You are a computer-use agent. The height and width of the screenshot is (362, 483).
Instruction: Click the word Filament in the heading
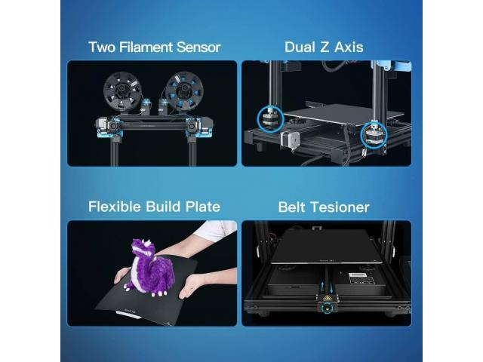146,47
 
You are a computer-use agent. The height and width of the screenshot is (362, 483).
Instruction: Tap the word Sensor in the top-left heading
198,47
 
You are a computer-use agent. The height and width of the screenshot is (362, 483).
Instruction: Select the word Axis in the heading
349,47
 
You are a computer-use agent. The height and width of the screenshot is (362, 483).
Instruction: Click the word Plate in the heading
203,207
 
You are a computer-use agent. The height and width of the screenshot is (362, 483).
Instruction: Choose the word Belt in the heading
292,207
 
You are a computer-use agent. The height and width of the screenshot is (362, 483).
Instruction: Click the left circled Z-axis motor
270,119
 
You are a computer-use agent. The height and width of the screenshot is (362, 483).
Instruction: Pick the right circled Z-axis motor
374,135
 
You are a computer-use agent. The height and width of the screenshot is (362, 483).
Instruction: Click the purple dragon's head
143,248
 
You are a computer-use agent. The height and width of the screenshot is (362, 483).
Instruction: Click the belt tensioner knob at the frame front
326,308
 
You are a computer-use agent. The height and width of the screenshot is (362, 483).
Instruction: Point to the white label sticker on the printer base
362,279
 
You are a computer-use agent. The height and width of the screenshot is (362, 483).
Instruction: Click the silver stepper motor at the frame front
290,141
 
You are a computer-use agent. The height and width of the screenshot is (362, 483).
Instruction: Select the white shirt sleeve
217,229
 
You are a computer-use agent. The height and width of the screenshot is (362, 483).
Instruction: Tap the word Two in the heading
102,47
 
